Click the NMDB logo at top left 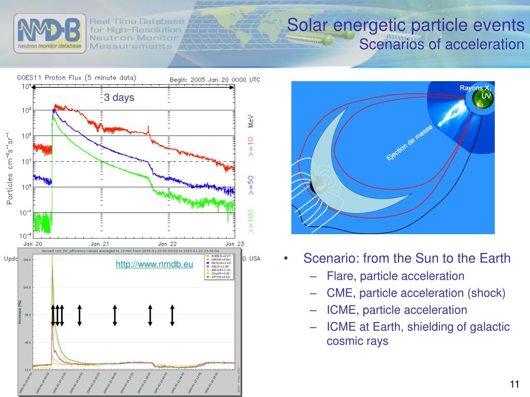[49, 34]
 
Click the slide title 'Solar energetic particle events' [406, 25]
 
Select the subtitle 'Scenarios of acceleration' [441, 44]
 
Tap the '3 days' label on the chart [119, 98]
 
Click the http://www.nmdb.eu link [154, 265]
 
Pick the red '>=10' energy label [251, 146]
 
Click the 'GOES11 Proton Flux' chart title [77, 78]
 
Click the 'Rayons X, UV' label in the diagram [475, 91]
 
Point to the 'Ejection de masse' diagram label [409, 143]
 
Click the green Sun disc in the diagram [482, 103]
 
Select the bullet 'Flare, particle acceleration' [395, 276]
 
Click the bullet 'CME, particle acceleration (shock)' [416, 293]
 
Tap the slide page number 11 [514, 384]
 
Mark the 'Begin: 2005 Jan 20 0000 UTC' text [215, 80]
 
